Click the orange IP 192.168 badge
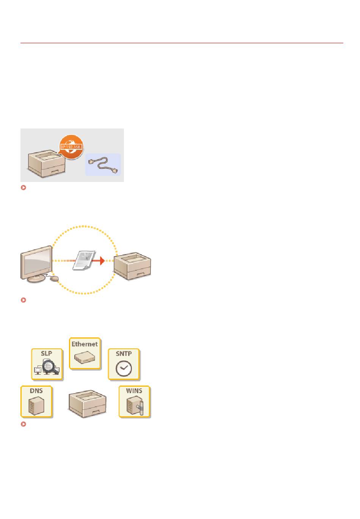tap(71, 146)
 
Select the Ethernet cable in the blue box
tap(103, 165)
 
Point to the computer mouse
tap(55, 279)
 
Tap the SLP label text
tap(47, 353)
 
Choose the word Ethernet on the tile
tap(85, 344)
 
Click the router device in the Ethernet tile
tap(85, 357)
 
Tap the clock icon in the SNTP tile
tap(124, 368)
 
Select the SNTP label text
tap(124, 353)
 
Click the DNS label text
tap(36, 390)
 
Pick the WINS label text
tap(134, 390)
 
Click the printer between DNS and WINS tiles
tap(87, 405)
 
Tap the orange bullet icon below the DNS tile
tap(23, 424)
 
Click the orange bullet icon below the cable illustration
tap(23, 187)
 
